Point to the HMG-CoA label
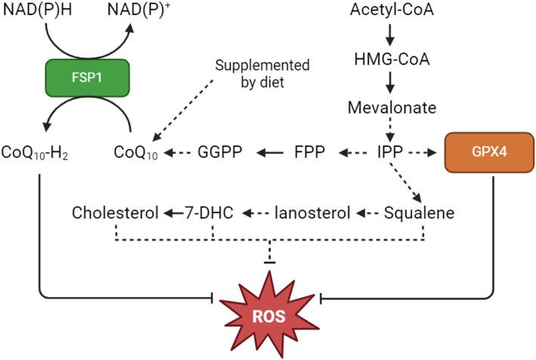[x=392, y=59]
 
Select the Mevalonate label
[x=392, y=107]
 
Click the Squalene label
[x=419, y=213]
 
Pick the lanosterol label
[x=312, y=213]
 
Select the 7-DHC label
[x=214, y=213]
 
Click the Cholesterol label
[x=116, y=213]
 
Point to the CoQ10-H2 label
[x=37, y=154]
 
